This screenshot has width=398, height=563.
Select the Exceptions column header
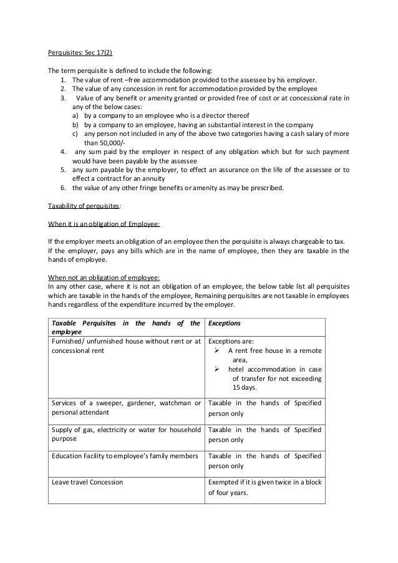pos(224,324)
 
